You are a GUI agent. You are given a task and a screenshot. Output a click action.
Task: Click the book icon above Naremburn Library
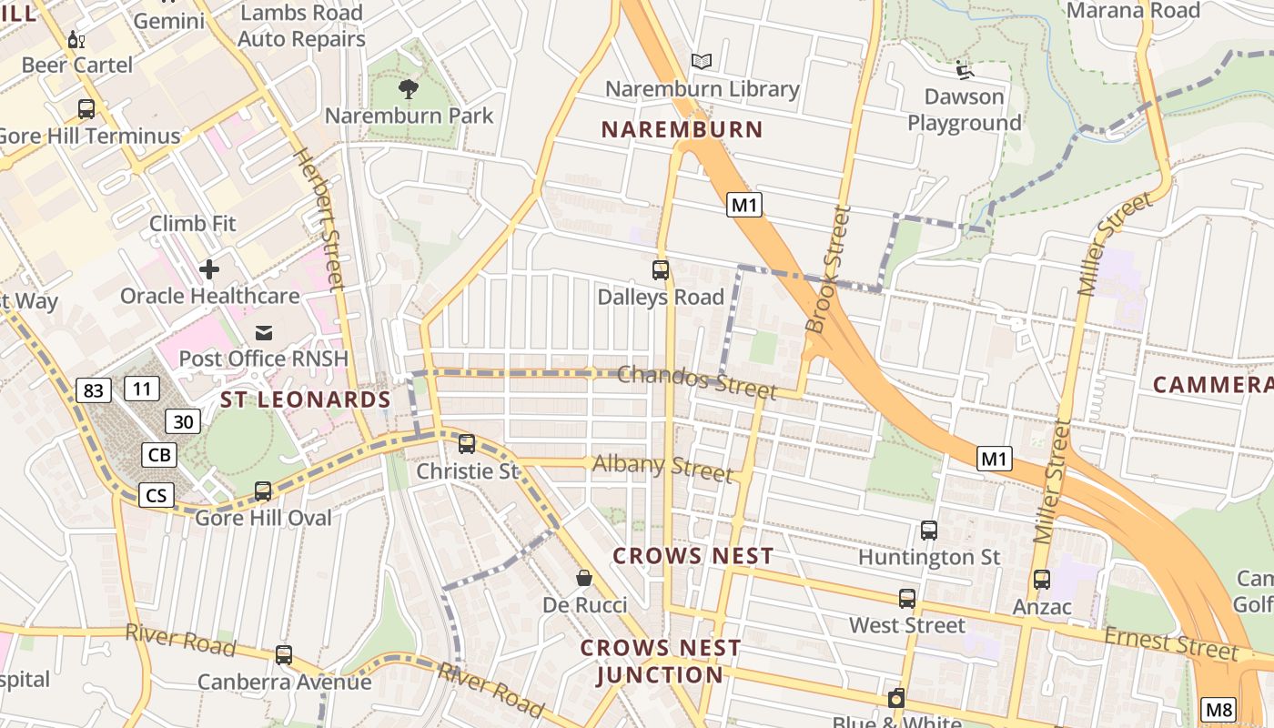click(701, 62)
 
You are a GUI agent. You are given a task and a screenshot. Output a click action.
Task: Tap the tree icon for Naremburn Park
click(409, 89)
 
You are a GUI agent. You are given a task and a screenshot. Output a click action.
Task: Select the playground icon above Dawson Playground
click(965, 70)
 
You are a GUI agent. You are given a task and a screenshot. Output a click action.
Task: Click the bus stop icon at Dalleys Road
click(661, 270)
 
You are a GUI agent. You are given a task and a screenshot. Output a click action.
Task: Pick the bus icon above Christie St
click(467, 444)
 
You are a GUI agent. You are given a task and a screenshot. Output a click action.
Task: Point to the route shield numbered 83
click(92, 391)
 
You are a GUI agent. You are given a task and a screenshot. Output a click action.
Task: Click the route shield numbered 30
click(183, 421)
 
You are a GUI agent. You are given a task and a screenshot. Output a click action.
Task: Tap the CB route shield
click(159, 455)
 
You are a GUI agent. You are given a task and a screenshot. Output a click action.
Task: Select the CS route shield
click(157, 495)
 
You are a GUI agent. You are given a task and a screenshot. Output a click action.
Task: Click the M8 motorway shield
click(1218, 710)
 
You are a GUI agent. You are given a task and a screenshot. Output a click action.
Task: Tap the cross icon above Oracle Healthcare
click(209, 269)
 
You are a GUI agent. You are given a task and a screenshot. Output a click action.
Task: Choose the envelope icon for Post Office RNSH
click(264, 332)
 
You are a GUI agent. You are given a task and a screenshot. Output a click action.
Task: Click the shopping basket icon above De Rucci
click(584, 578)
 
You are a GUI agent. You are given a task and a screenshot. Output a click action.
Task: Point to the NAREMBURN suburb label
click(682, 129)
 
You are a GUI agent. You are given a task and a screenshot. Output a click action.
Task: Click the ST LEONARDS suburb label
click(306, 399)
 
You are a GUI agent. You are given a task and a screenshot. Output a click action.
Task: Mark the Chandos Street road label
click(697, 381)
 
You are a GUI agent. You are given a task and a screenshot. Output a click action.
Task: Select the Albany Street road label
click(662, 468)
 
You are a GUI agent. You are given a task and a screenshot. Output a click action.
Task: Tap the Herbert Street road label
click(319, 218)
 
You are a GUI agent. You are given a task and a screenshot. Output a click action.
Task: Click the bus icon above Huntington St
click(929, 531)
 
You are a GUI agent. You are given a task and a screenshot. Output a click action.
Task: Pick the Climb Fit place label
click(193, 223)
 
